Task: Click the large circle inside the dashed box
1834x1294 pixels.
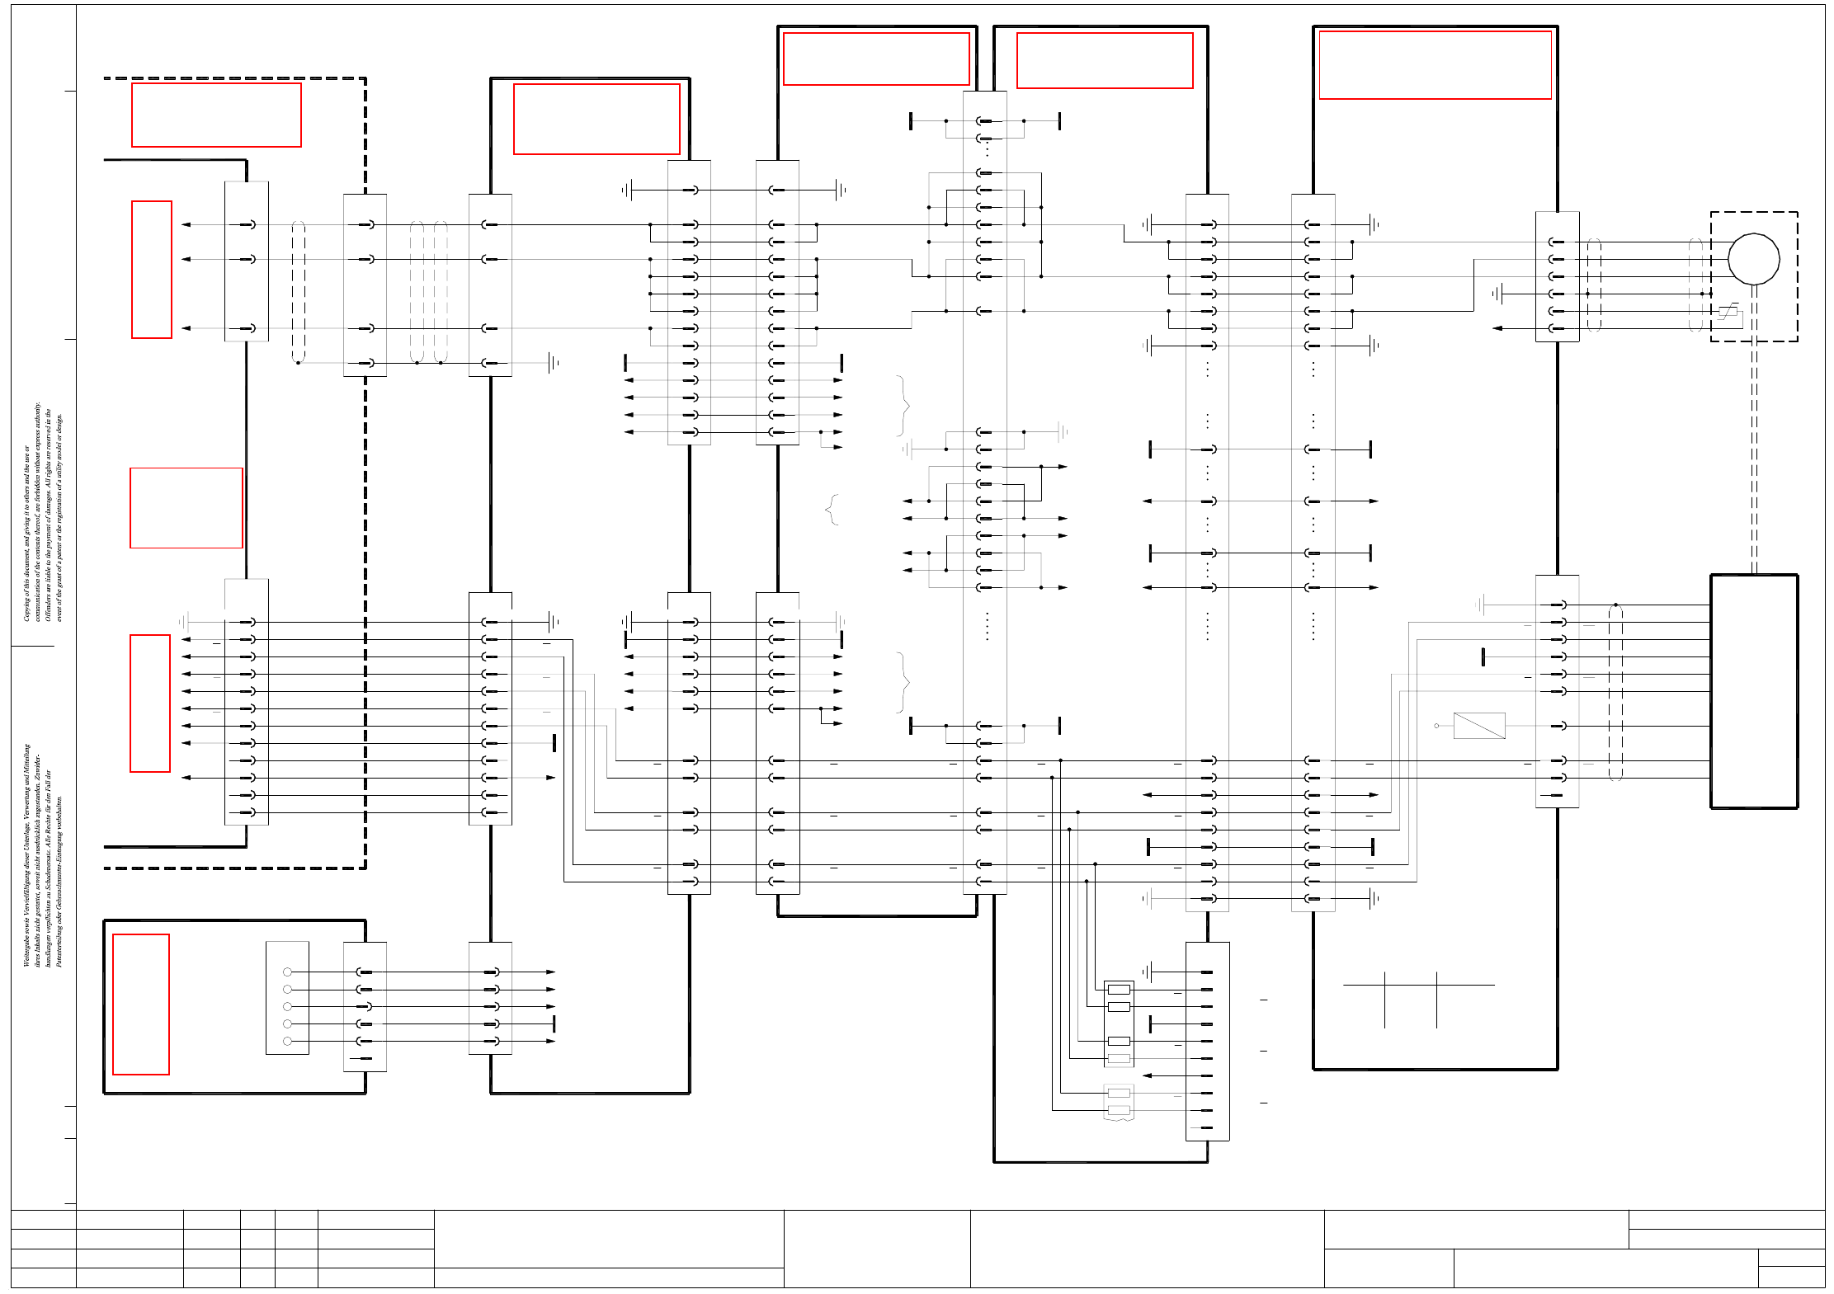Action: click(x=1753, y=259)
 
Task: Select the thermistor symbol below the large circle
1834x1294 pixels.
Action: click(x=1728, y=311)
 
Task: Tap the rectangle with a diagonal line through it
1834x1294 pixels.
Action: click(x=1478, y=726)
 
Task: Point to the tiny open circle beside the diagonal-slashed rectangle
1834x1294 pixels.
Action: click(x=1436, y=726)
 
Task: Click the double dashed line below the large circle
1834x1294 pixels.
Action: click(x=1754, y=454)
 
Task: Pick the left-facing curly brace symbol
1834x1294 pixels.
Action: click(x=832, y=510)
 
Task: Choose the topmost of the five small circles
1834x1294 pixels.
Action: click(x=287, y=972)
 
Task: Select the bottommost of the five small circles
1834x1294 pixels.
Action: click(x=287, y=1041)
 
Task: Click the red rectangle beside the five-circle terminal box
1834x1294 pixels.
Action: click(x=141, y=1005)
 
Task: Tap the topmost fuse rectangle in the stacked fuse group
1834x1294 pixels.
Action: click(x=1119, y=989)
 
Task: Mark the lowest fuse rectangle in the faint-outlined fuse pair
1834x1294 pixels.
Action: click(x=1119, y=1110)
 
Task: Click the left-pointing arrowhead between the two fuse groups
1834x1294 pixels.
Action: click(x=1147, y=1075)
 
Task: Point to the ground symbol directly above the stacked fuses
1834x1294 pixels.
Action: click(x=1148, y=972)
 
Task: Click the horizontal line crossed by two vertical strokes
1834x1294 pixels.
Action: click(x=1418, y=985)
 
